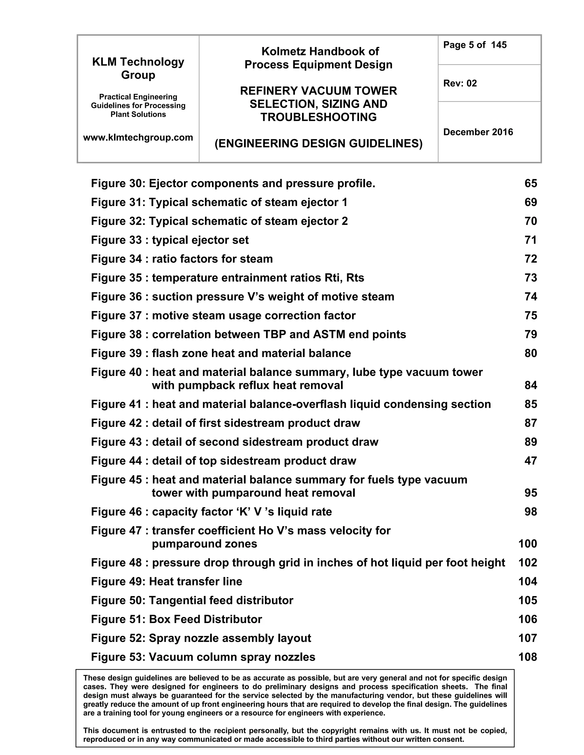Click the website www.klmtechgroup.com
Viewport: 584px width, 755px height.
138,138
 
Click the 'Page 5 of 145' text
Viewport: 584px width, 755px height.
475,45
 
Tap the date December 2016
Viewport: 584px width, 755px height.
478,132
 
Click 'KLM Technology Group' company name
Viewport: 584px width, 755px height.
138,68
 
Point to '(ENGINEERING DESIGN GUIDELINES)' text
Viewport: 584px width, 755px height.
318,144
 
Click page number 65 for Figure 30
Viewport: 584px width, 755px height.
530,183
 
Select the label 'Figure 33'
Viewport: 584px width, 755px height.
116,240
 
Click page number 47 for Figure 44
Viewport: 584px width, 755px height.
530,461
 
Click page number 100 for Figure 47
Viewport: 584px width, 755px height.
527,544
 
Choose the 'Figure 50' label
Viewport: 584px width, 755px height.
118,601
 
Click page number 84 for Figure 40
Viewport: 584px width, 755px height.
530,385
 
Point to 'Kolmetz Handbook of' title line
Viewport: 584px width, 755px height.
320,52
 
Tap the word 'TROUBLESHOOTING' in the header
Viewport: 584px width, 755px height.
318,117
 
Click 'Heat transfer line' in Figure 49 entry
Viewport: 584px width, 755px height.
195,581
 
